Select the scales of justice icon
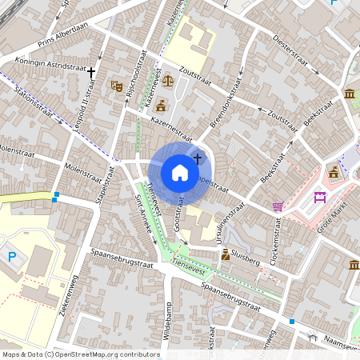[168, 80]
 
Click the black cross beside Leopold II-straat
[92, 72]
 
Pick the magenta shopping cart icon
[278, 206]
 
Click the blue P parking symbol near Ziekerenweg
[11, 258]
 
